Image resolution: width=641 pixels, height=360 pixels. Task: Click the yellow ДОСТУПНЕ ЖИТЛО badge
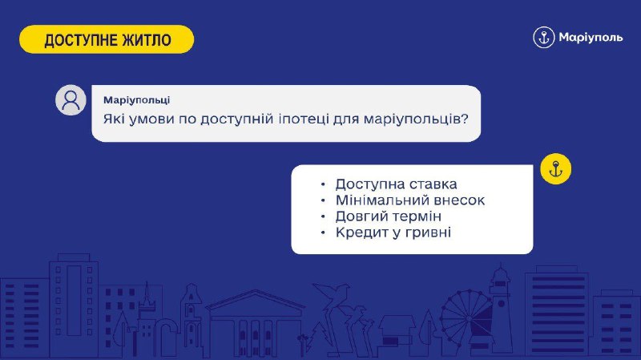coord(107,39)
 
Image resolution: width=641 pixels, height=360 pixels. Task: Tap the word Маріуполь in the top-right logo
coord(591,38)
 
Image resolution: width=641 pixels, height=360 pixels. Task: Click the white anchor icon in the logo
coord(544,38)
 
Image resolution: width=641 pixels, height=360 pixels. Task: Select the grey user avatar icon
coord(71,99)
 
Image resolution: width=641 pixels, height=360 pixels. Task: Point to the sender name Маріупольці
coord(136,100)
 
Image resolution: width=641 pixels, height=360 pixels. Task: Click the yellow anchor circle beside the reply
coord(555,169)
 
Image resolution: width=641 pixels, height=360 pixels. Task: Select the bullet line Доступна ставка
coord(396,184)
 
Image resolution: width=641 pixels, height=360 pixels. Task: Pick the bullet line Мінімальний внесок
coord(410,200)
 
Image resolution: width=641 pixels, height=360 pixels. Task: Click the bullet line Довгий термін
coord(389,216)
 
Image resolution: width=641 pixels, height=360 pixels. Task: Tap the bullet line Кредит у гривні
coord(393,233)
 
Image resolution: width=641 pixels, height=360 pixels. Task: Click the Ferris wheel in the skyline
coord(467,318)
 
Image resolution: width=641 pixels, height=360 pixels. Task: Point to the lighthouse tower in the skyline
coord(500,305)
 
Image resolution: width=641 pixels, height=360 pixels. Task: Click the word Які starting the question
coord(114,119)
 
